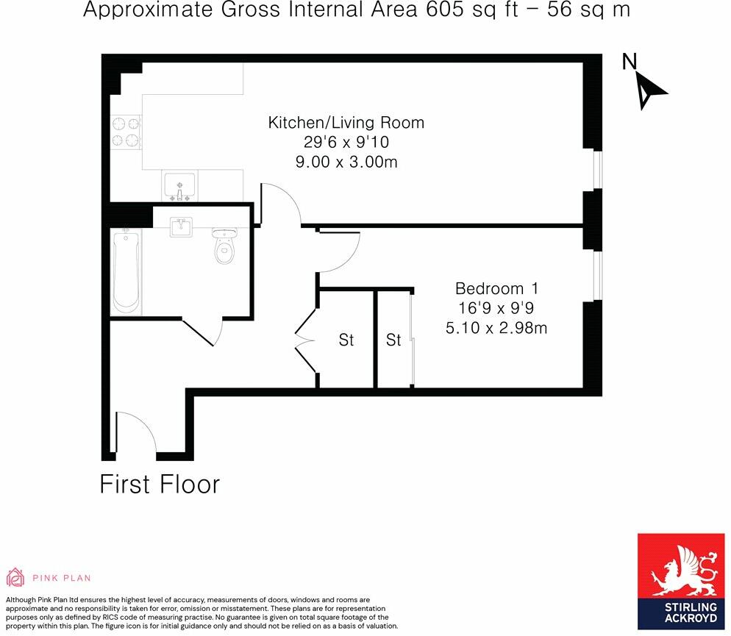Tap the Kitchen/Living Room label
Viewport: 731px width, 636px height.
[346, 123]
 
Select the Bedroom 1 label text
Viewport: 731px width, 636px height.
[496, 287]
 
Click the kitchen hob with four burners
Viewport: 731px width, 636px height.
[126, 132]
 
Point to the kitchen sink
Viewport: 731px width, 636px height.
[179, 185]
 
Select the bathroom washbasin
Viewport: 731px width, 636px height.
[182, 227]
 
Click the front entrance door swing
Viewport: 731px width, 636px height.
[137, 434]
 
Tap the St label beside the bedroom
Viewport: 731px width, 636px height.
[394, 340]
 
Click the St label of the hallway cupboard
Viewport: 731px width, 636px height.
[346, 340]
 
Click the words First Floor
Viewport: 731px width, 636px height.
[160, 485]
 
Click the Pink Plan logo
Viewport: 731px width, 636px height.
[49, 577]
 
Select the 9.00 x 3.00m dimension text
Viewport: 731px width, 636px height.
[346, 162]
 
